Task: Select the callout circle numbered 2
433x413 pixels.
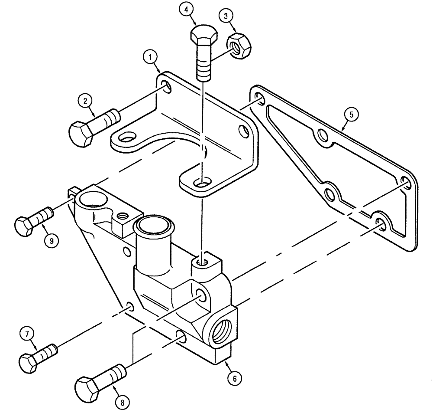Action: point(85,102)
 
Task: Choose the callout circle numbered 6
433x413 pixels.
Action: point(234,378)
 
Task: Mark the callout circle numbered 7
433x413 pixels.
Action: point(28,334)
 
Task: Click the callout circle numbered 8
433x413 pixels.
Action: point(123,402)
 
